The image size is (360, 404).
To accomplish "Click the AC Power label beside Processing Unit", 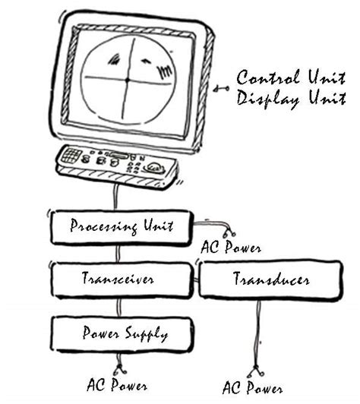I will click(x=230, y=248).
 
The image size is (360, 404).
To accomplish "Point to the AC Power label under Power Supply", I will click(x=118, y=385).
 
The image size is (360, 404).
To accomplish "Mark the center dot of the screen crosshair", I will click(x=127, y=78).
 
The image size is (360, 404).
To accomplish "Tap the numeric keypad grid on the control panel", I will click(x=72, y=156).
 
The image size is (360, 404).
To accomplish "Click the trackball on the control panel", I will click(x=155, y=168).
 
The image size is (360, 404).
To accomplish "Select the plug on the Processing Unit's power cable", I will click(x=226, y=231).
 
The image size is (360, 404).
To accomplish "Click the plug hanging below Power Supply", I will click(x=118, y=370).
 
